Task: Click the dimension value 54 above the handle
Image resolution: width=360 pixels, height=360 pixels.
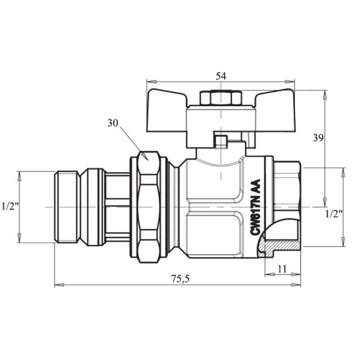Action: point(221,76)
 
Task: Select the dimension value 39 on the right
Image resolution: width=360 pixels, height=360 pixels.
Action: point(318,138)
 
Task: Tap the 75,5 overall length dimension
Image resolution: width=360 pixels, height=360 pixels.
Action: point(180,279)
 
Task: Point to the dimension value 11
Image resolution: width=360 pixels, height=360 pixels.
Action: point(282,269)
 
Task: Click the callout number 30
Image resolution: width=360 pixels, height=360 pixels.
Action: point(112,123)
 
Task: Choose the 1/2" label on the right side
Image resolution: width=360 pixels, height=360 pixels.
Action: point(334,214)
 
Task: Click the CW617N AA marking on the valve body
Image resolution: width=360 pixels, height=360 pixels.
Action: point(255,207)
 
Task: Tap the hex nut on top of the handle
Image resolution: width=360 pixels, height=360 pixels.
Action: point(220,98)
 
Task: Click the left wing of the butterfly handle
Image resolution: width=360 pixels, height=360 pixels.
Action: point(167,110)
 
